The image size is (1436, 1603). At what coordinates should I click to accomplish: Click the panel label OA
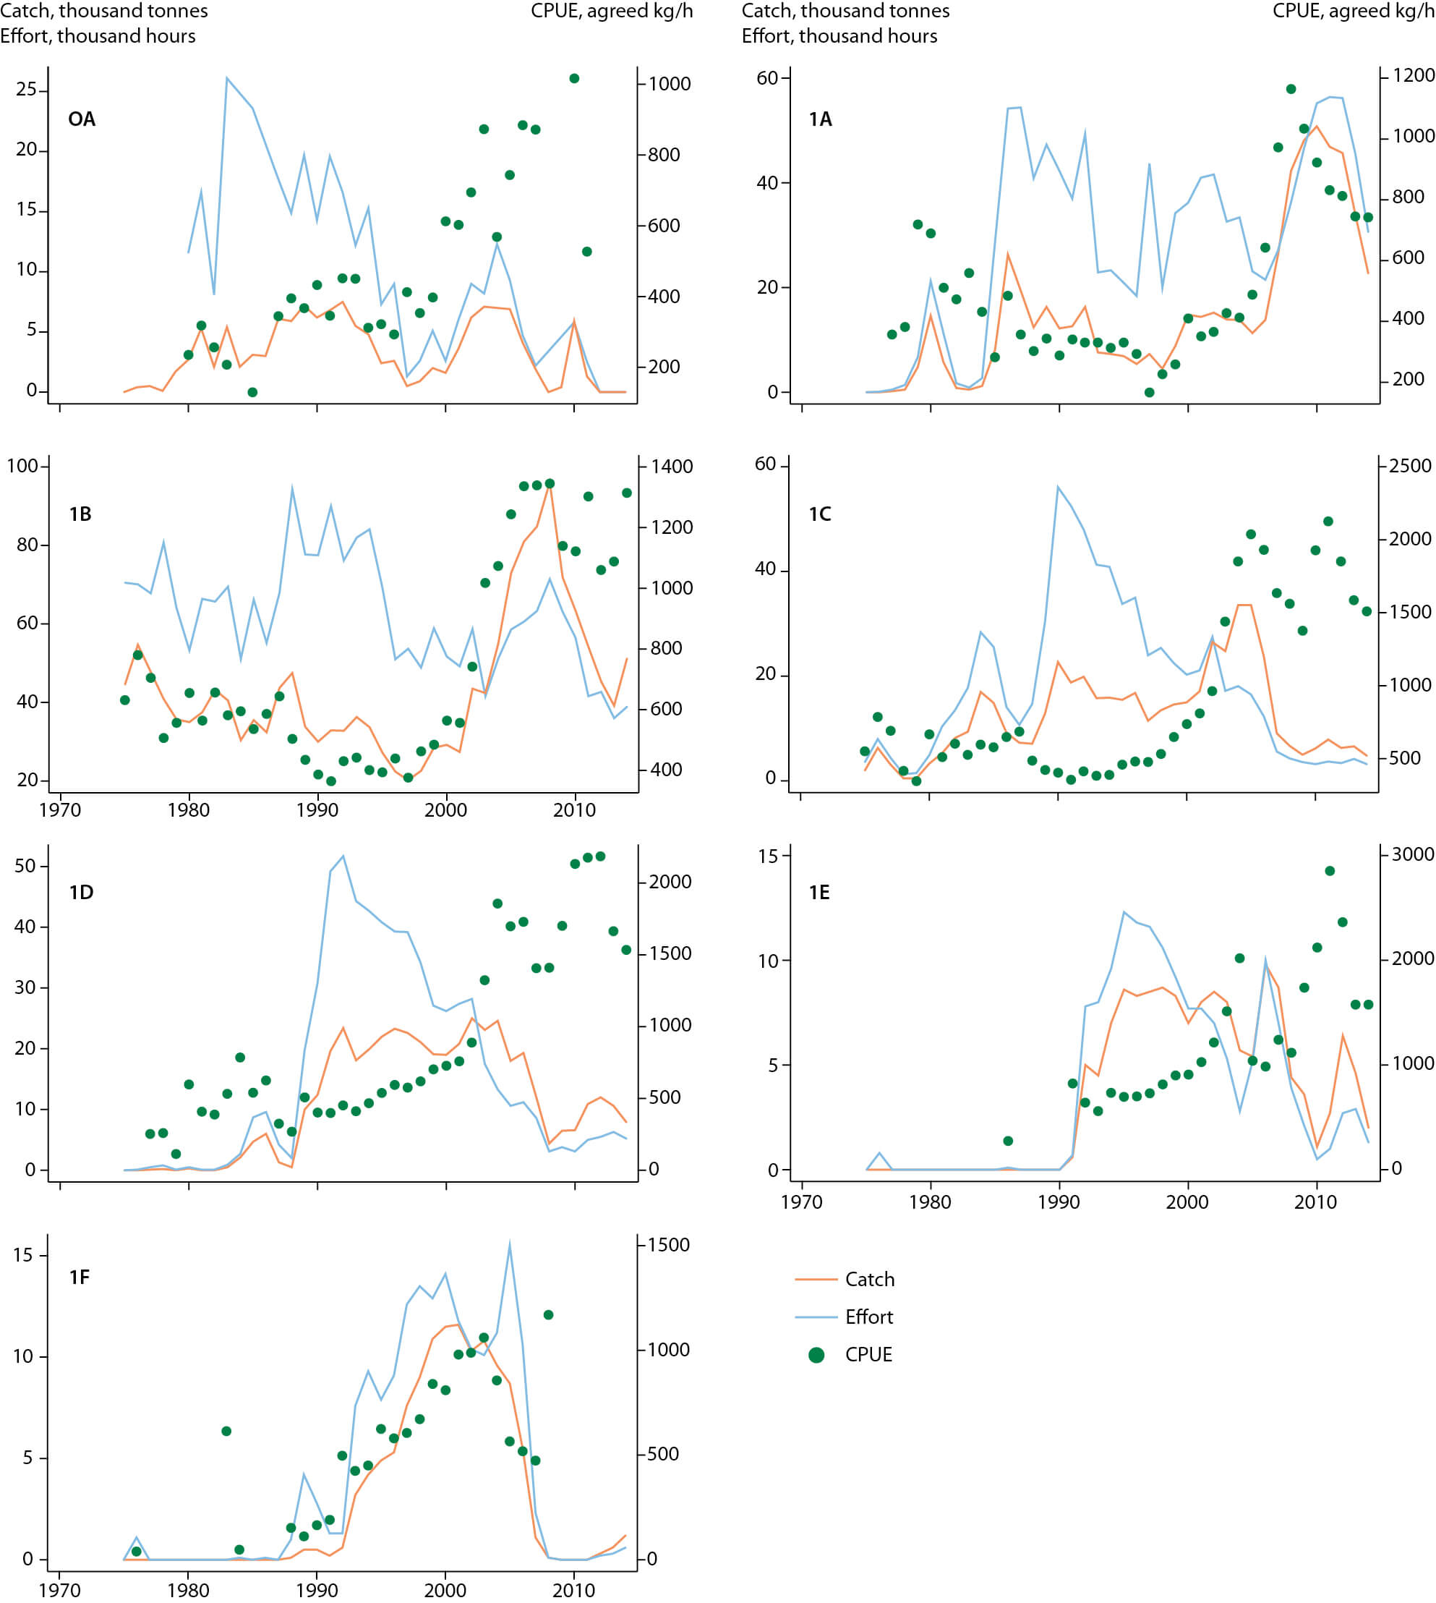(81, 119)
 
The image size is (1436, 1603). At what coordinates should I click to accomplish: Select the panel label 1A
(820, 119)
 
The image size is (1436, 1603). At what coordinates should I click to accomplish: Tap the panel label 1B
(80, 514)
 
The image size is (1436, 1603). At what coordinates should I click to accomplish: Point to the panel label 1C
(820, 514)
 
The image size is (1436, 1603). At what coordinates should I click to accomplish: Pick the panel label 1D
(81, 893)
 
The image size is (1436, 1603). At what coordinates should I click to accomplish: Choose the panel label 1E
(819, 893)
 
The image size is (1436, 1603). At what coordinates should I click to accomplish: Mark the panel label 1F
(80, 1277)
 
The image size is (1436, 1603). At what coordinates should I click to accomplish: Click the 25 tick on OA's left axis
(26, 89)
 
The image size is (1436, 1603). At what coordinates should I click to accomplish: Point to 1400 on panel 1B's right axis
(671, 467)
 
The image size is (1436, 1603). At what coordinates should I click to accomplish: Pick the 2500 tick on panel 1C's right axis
(1410, 466)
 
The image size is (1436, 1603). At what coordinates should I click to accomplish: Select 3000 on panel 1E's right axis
(1412, 854)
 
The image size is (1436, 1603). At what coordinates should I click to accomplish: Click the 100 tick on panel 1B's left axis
(22, 466)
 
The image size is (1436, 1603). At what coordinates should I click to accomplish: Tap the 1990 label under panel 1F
(317, 1589)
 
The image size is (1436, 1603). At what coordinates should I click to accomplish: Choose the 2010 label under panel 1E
(1315, 1202)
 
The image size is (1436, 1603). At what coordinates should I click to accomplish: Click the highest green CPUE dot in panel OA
(574, 78)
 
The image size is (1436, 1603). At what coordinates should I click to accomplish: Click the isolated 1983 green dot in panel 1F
(226, 1431)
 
